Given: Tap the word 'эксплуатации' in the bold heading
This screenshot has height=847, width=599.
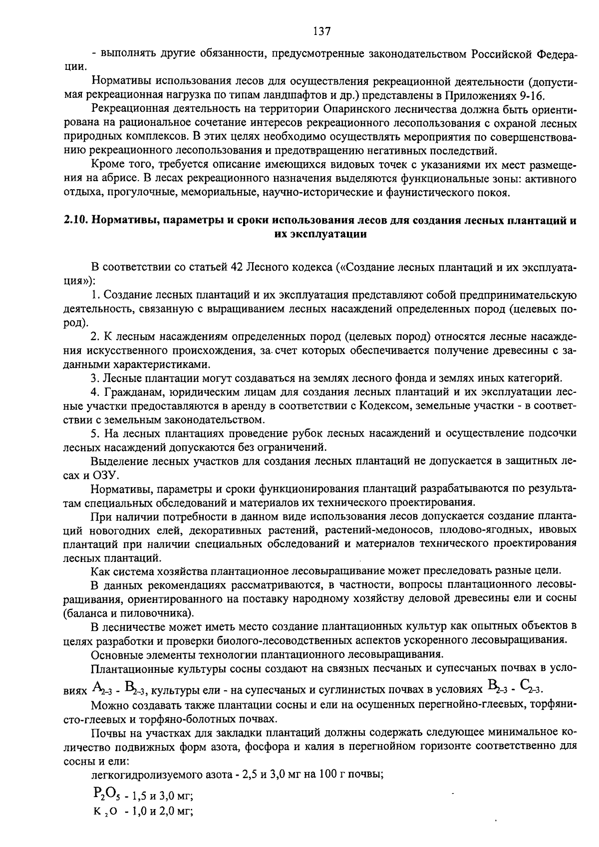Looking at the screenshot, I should (320, 235).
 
